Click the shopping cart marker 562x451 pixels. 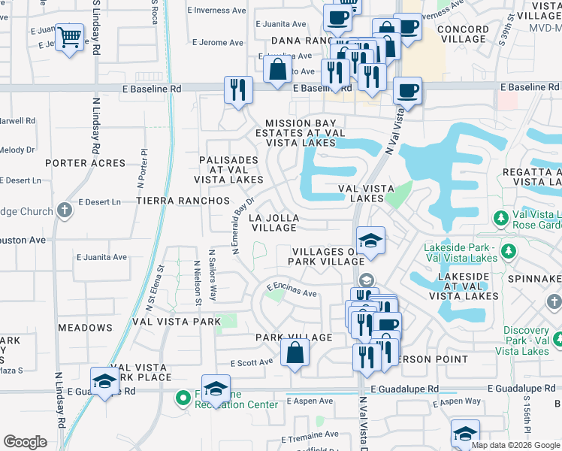[70, 36]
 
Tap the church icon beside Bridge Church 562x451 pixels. [65, 210]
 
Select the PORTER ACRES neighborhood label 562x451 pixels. [85, 163]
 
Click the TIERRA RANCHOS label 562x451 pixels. [183, 201]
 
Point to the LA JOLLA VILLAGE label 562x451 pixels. [274, 222]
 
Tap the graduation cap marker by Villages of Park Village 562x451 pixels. [370, 241]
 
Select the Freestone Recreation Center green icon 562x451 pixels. [183, 398]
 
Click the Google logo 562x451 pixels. [26, 442]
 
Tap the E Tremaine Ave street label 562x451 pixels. [310, 435]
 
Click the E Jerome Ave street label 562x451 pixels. [219, 43]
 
